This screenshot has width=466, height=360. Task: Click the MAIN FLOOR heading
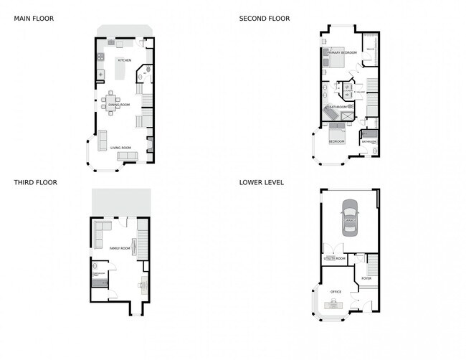[34, 19]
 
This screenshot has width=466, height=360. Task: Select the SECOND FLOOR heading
[265, 19]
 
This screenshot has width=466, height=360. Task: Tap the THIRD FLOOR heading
[35, 182]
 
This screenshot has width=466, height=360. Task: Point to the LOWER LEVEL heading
[262, 182]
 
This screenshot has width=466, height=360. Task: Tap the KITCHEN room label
[124, 60]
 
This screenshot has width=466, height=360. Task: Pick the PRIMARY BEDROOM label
[343, 53]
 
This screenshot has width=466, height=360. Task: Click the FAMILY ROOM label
[119, 248]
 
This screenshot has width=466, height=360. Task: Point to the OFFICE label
[336, 292]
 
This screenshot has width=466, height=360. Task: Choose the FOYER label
[366, 278]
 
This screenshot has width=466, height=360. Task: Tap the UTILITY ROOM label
[334, 257]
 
